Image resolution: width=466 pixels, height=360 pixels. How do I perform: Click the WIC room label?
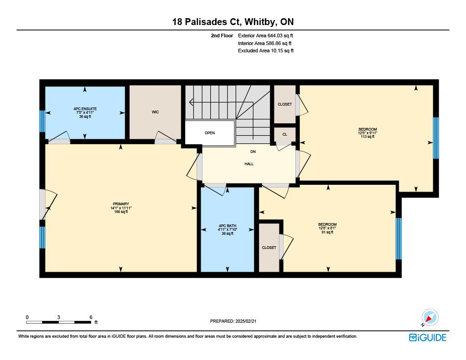(155, 112)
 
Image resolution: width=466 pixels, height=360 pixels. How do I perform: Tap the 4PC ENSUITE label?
(85, 109)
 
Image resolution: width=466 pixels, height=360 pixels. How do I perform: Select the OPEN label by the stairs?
(209, 133)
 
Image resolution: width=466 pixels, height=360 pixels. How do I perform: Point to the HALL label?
(249, 164)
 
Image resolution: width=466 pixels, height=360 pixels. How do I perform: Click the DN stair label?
(253, 152)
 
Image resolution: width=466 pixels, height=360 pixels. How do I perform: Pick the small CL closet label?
(285, 134)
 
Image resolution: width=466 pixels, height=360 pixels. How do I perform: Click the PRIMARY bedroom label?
(121, 204)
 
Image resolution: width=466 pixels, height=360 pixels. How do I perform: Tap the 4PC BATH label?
(228, 226)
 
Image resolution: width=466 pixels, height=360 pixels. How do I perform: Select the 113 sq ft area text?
(368, 137)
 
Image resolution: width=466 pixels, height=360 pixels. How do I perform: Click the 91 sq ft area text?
(327, 232)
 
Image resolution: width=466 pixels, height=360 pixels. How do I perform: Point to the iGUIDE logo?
(428, 337)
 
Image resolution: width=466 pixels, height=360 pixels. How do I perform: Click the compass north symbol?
(430, 318)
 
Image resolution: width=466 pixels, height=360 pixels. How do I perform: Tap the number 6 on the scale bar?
(91, 317)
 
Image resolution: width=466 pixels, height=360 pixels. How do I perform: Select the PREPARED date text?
(233, 321)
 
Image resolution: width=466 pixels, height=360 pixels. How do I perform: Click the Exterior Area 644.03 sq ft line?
(266, 35)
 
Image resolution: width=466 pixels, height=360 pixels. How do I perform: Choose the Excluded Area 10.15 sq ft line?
(266, 51)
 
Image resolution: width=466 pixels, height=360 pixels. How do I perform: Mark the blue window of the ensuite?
(42, 121)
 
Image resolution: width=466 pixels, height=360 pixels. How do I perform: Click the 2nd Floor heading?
(222, 35)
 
